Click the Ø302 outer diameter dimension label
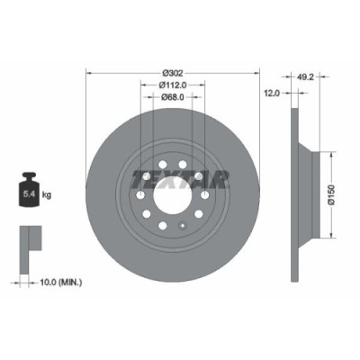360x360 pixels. tap(173, 71)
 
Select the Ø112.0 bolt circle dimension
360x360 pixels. tap(173, 85)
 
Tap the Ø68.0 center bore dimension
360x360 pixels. tap(173, 99)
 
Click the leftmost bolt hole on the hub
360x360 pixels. tap(140, 194)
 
